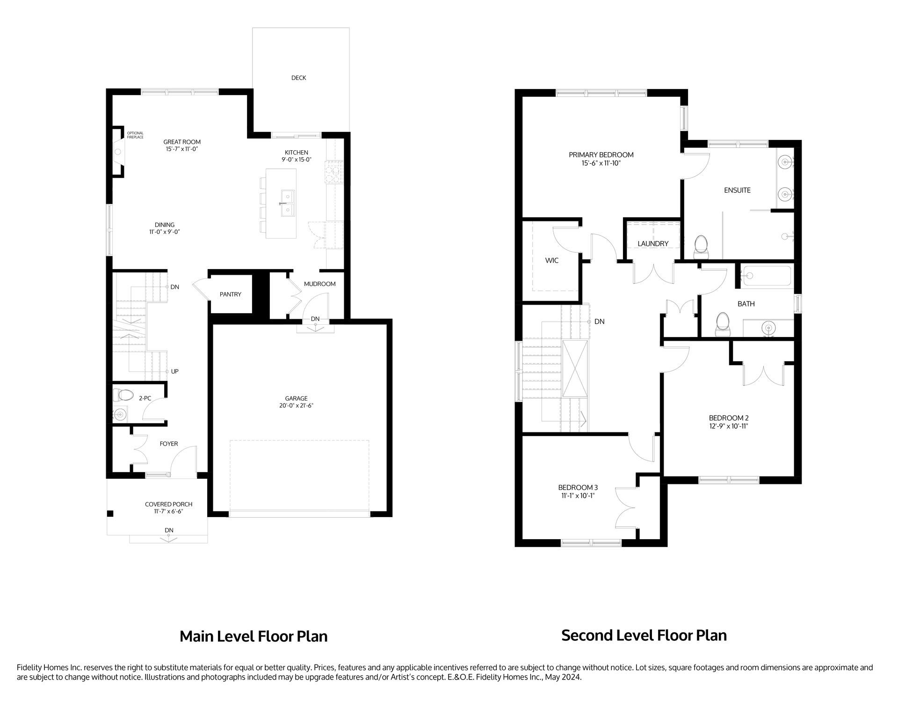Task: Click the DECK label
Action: (298, 78)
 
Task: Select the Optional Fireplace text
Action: (135, 135)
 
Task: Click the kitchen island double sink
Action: (287, 204)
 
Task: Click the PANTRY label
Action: (231, 294)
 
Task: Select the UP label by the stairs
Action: (174, 372)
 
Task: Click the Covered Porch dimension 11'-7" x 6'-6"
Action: (168, 512)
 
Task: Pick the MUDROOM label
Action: (319, 284)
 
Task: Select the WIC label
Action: (551, 261)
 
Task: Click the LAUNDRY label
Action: (653, 244)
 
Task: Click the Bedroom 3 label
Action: (578, 487)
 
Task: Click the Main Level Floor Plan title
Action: (253, 636)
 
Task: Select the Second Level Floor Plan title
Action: (644, 636)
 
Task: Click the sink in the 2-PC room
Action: (121, 414)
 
